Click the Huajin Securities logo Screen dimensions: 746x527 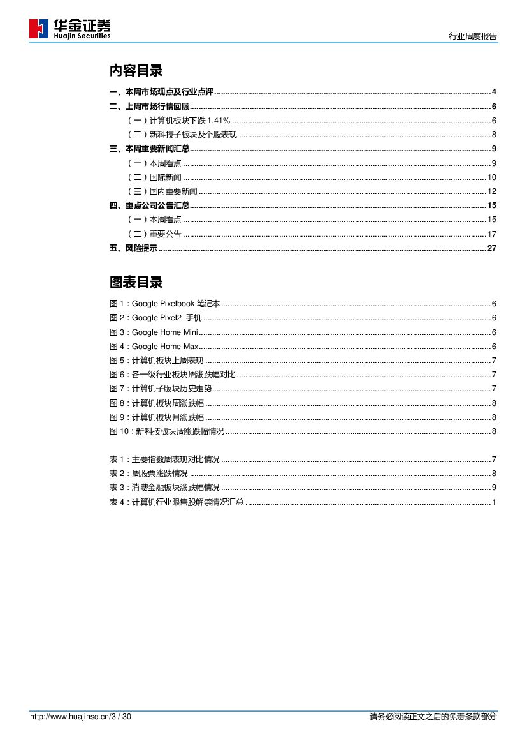[x=69, y=29]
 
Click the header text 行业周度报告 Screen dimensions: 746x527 [x=473, y=36]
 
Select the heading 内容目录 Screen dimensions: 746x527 [x=136, y=71]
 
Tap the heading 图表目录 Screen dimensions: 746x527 [x=136, y=282]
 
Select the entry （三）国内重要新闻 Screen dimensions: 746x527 [x=162, y=191]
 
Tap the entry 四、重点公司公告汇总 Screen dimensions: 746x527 [x=149, y=205]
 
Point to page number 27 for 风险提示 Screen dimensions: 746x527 [x=491, y=248]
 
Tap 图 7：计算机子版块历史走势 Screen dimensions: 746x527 [x=161, y=389]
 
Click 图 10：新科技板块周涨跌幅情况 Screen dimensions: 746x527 [x=167, y=431]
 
